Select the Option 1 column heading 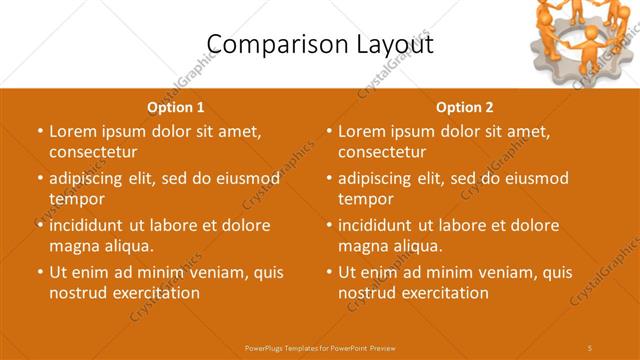[176, 107]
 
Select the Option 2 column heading [465, 107]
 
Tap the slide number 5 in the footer [591, 347]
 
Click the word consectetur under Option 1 [92, 152]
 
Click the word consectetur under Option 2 [382, 152]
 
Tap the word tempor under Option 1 [77, 199]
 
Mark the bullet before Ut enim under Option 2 [330, 272]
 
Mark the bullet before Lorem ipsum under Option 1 [40, 131]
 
